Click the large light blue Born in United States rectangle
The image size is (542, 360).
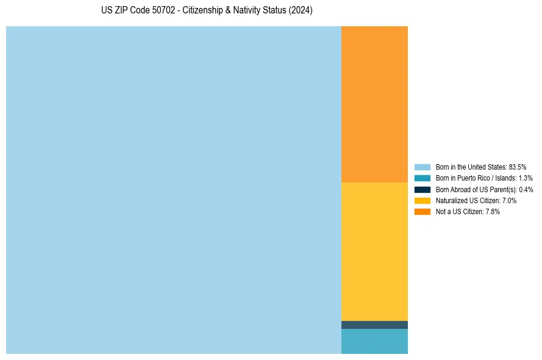coord(174,190)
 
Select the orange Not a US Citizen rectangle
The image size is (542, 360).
coord(374,104)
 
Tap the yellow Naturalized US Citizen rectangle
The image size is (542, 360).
coord(374,251)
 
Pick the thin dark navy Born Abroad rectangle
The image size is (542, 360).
coord(374,325)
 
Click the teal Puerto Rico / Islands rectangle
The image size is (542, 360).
coord(374,341)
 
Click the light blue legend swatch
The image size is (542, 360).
coord(423,167)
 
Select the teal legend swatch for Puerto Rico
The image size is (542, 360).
coord(423,178)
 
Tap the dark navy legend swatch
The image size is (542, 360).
coord(423,189)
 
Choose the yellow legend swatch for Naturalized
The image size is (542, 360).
coord(423,200)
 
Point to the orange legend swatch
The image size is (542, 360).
coord(423,212)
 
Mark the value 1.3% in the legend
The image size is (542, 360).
coord(525,178)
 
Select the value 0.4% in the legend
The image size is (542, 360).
coord(526,189)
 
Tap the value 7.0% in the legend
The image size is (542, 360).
coord(509,200)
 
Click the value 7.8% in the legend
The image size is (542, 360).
coord(492,212)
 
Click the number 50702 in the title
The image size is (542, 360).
coord(165,11)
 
